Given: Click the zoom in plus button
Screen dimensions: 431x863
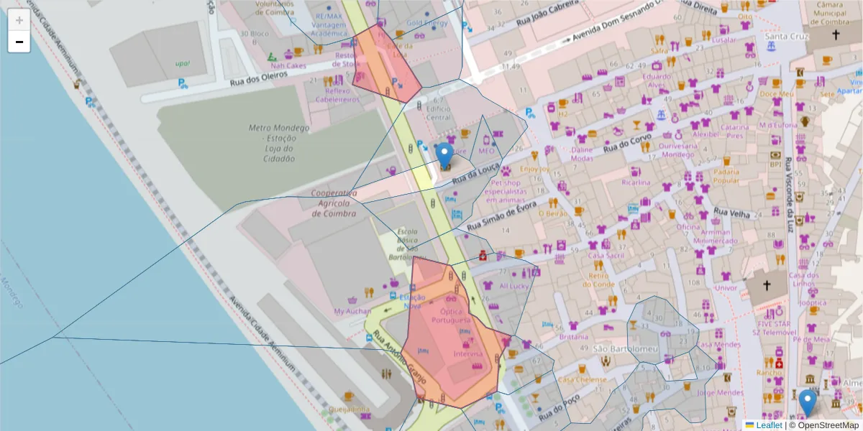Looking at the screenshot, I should tap(19, 20).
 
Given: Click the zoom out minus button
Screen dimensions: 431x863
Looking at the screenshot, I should tap(19, 42).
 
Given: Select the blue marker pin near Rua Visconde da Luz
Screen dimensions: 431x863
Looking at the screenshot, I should tap(808, 402).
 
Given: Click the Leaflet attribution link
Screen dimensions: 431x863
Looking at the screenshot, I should tap(770, 425).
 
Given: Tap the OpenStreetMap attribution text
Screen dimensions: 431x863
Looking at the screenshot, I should tap(824, 425).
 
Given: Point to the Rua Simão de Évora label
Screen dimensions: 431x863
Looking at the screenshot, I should tap(501, 217).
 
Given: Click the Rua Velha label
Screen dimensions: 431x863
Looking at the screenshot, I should tap(732, 214).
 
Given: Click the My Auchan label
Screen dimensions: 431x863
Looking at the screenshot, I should tap(352, 312).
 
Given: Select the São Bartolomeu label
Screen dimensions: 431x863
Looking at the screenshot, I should tap(616, 349).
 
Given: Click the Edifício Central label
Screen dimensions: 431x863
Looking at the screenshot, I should tap(439, 113).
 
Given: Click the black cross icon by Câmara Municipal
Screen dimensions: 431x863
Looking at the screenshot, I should tap(836, 35).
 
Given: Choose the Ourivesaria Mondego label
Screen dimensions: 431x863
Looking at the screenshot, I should tap(677, 149).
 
